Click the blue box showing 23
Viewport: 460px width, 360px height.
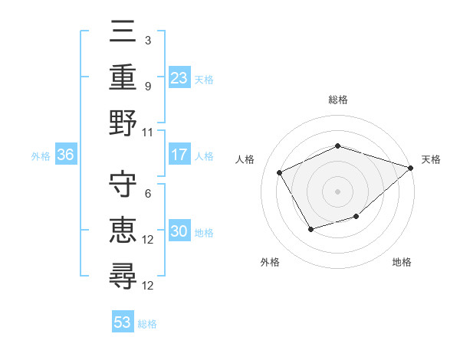coord(179,77)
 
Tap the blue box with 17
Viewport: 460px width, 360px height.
coord(179,155)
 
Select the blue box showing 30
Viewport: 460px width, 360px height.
coord(179,232)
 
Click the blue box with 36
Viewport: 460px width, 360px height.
coord(65,155)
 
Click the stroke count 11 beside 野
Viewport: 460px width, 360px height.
coord(148,132)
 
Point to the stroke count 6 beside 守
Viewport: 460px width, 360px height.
coord(147,193)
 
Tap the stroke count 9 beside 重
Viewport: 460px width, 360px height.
coord(147,86)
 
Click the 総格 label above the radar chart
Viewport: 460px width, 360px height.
coord(338,100)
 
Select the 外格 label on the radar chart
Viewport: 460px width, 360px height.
coord(269,262)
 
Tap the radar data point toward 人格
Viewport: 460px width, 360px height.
coord(280,172)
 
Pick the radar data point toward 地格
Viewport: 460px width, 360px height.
coord(356,218)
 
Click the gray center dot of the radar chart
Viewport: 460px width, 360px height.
coord(338,191)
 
